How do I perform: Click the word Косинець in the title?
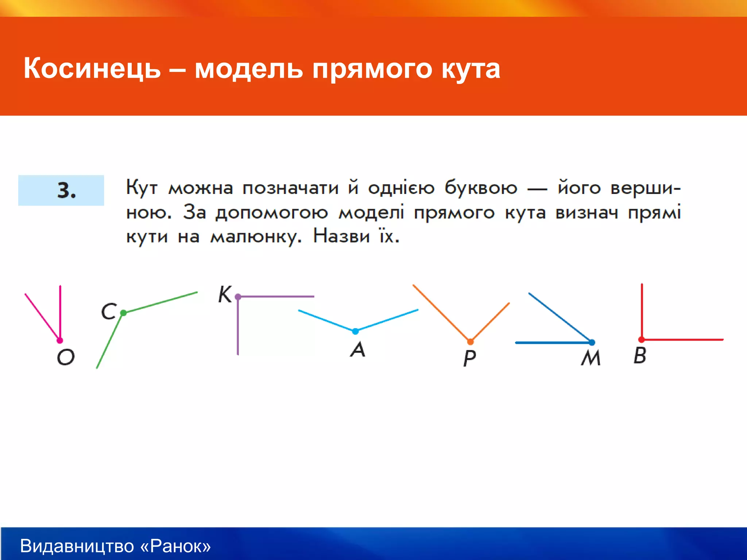[92, 69]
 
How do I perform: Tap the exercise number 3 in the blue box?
[66, 190]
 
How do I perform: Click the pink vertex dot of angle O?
[60, 341]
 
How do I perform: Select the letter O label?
[66, 357]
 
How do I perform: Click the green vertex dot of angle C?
[123, 313]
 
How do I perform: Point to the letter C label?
[109, 312]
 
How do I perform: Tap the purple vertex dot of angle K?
[238, 297]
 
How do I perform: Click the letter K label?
[225, 294]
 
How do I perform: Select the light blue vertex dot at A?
[355, 331]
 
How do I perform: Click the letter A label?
[357, 349]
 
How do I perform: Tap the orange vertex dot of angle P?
[470, 342]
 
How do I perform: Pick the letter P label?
[469, 358]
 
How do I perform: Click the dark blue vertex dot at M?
[592, 342]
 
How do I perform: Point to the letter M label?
[591, 358]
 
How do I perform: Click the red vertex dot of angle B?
[641, 339]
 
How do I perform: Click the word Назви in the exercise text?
[341, 236]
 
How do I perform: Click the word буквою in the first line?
[481, 188]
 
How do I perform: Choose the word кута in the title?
[471, 69]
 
